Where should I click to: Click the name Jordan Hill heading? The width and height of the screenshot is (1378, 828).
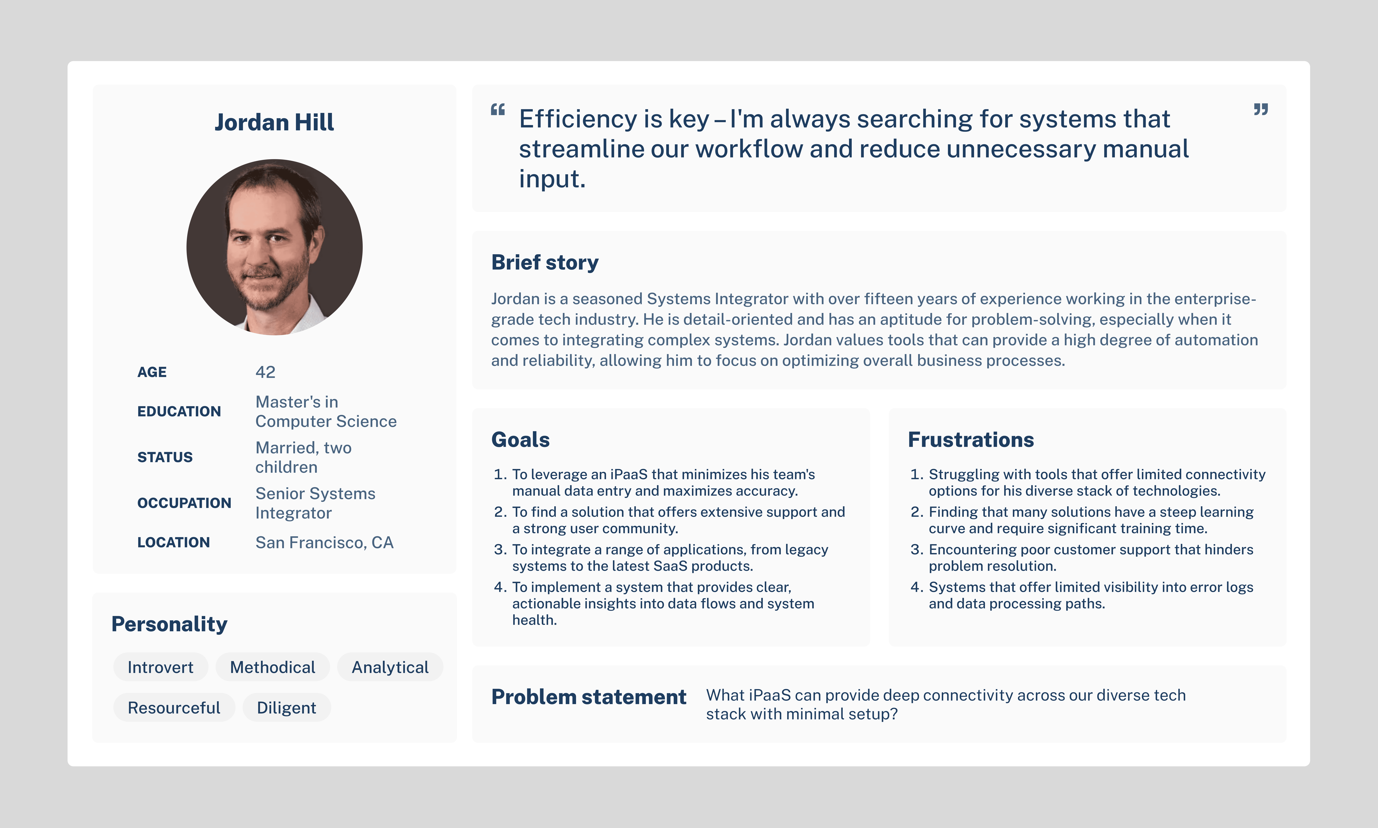point(274,122)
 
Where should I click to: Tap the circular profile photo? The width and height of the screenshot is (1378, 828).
point(275,247)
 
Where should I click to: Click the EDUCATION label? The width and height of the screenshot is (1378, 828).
point(179,411)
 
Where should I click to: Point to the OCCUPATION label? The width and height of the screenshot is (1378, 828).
point(184,503)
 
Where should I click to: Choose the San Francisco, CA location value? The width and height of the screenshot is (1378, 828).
point(324,542)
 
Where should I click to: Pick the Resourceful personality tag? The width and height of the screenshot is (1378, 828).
point(174,707)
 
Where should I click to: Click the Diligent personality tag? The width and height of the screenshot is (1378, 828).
point(286,707)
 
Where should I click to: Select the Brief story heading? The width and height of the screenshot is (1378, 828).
point(545,262)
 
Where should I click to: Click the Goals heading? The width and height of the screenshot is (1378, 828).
point(520,440)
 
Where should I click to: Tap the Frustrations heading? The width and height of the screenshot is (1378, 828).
point(971,440)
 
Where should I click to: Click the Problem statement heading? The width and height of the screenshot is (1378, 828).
point(589,697)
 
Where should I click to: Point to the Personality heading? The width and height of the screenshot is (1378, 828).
point(169,624)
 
